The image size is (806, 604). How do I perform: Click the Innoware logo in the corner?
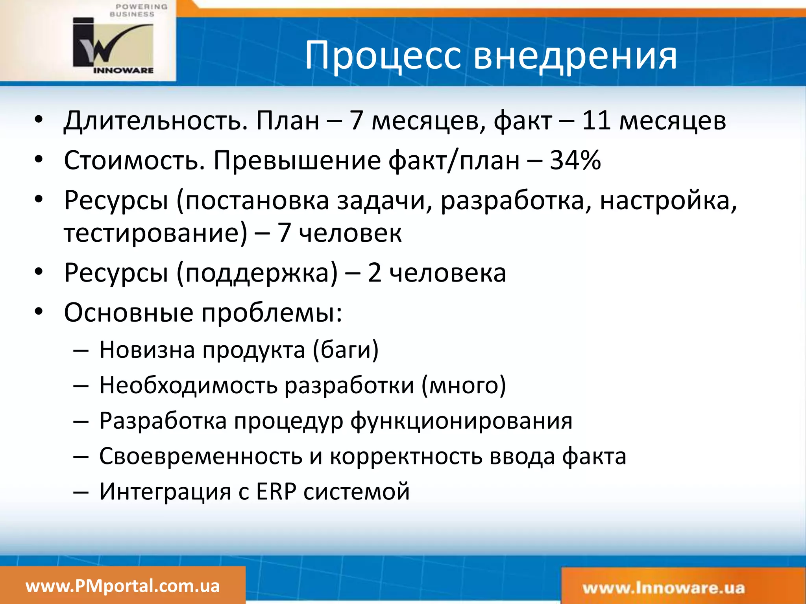coord(113,44)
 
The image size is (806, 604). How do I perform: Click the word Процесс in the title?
coord(383,56)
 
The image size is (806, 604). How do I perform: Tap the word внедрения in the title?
coord(575,56)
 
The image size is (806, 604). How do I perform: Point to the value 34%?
coord(575,160)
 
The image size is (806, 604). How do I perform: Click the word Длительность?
coord(156,120)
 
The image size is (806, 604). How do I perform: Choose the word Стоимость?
coord(134,160)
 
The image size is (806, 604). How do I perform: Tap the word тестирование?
coord(156,233)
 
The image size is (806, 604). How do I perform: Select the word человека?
coord(447,273)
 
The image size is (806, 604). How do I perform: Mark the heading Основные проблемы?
coord(203,313)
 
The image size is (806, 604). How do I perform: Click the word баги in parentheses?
coord(346,350)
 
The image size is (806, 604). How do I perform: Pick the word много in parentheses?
coord(464,385)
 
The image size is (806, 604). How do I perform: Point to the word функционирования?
coord(461,421)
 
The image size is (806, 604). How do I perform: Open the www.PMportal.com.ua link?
coord(122,586)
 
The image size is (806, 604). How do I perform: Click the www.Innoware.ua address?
coord(664,588)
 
